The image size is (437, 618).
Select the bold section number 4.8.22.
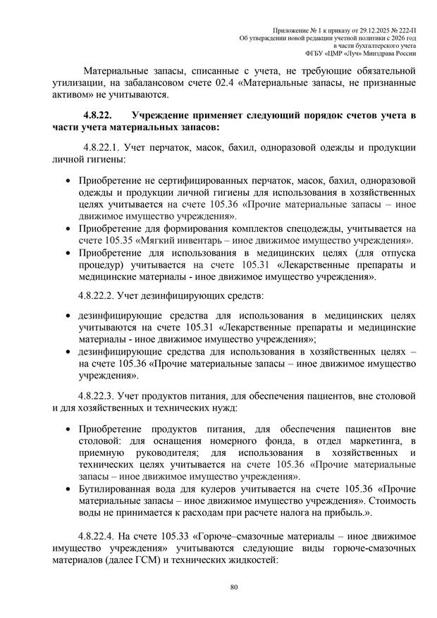point(101,115)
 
